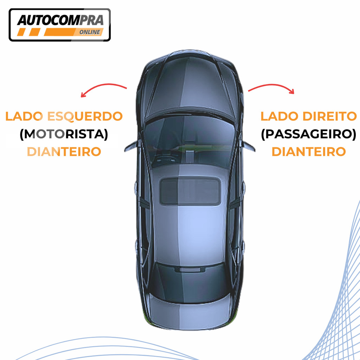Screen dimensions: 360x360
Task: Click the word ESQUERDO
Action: [x=85, y=117]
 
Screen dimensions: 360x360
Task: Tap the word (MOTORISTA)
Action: [x=64, y=134]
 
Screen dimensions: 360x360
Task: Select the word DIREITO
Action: [x=330, y=116]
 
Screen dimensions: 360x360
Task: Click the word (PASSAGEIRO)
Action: [x=309, y=134]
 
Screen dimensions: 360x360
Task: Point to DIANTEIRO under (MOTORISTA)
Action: [x=64, y=152]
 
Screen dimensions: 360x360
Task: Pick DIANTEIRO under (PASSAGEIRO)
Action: [x=309, y=152]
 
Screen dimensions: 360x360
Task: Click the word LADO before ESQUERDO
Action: [x=24, y=116]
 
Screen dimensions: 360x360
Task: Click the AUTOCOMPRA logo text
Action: [x=60, y=20]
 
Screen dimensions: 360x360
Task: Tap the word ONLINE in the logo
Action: [x=90, y=32]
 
